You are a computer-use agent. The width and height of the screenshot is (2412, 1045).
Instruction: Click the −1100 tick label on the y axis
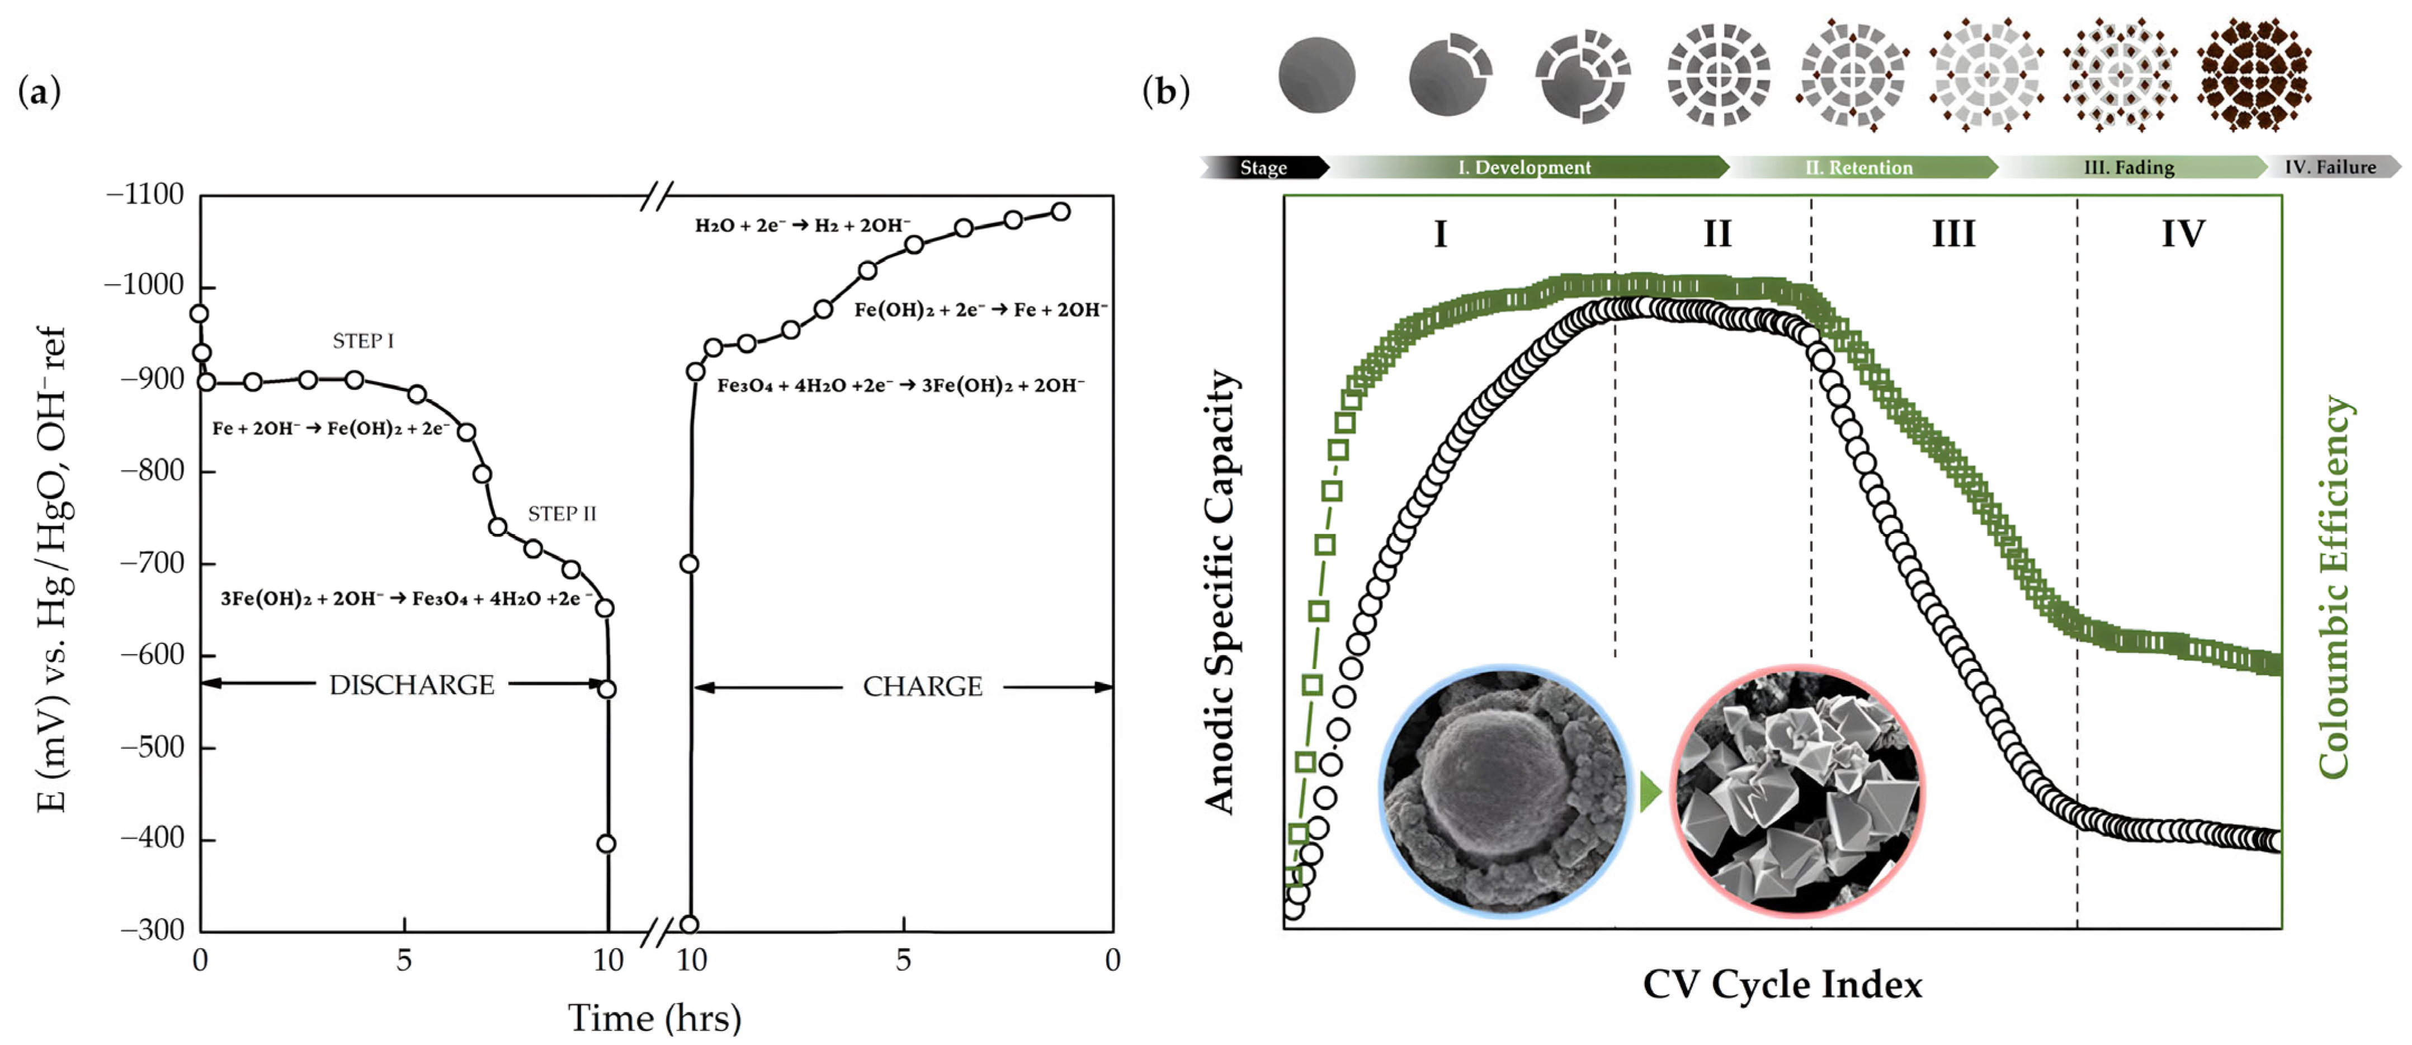pyautogui.click(x=145, y=195)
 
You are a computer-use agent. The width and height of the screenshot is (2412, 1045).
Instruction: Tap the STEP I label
pyautogui.click(x=364, y=341)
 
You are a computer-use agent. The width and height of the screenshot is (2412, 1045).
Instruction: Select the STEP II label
pyautogui.click(x=562, y=514)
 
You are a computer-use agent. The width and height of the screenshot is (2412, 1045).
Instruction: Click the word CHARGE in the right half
pyautogui.click(x=922, y=688)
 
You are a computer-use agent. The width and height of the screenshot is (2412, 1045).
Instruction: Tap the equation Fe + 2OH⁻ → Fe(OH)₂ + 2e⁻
pyautogui.click(x=331, y=429)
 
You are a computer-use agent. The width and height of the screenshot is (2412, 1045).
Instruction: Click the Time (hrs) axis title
pyautogui.click(x=654, y=1018)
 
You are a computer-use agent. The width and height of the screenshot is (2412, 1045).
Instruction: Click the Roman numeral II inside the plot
pyautogui.click(x=1716, y=233)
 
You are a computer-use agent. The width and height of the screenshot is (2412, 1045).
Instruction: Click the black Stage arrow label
pyautogui.click(x=1263, y=168)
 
